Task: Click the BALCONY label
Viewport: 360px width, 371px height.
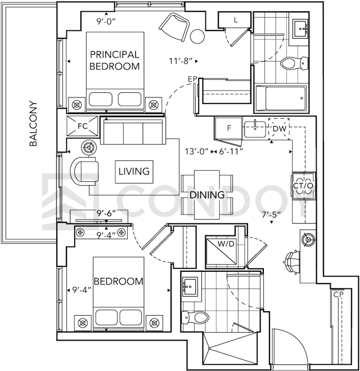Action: [33, 124]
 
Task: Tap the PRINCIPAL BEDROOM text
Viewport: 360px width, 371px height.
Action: [115, 61]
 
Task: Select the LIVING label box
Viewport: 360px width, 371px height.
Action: [134, 172]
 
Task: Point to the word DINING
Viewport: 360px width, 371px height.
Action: [207, 195]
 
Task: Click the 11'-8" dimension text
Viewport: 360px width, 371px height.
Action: [180, 61]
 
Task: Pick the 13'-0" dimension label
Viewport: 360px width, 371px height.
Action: [197, 151]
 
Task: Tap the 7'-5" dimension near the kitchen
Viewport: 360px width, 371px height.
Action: [271, 214]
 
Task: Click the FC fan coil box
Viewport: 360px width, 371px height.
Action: [82, 126]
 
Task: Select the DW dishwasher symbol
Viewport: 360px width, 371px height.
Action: [280, 129]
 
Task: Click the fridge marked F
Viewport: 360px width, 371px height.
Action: [228, 128]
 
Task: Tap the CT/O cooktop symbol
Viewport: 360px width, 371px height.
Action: [304, 186]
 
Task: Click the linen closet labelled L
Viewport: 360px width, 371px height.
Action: [234, 20]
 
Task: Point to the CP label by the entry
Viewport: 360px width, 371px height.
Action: [338, 294]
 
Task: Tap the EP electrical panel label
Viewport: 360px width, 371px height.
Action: [192, 79]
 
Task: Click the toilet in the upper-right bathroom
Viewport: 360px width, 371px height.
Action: [295, 63]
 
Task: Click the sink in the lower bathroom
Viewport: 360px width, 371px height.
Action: [190, 287]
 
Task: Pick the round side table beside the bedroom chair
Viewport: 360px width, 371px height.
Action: [197, 37]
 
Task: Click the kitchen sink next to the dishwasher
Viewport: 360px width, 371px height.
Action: [255, 129]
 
